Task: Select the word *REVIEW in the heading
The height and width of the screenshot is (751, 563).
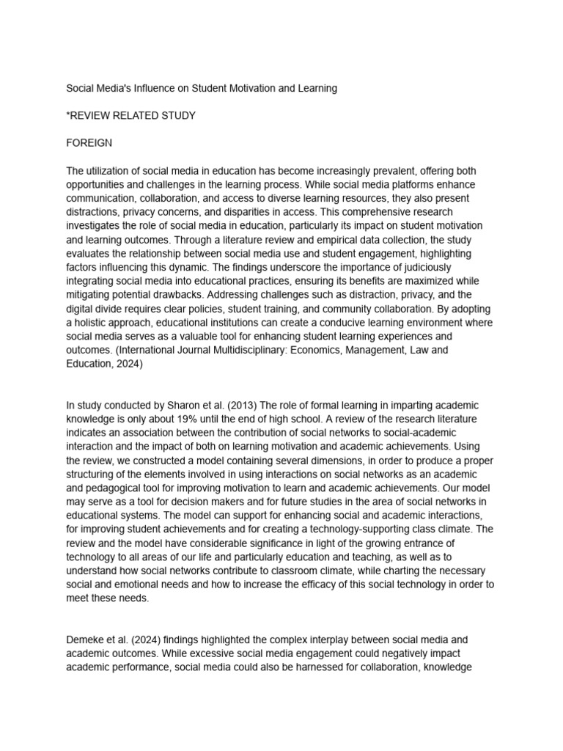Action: (92, 116)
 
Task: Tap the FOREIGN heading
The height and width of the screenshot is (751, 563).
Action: (89, 143)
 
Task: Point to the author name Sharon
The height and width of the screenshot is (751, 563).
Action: (163, 406)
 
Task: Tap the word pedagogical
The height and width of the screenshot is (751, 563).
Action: (115, 488)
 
